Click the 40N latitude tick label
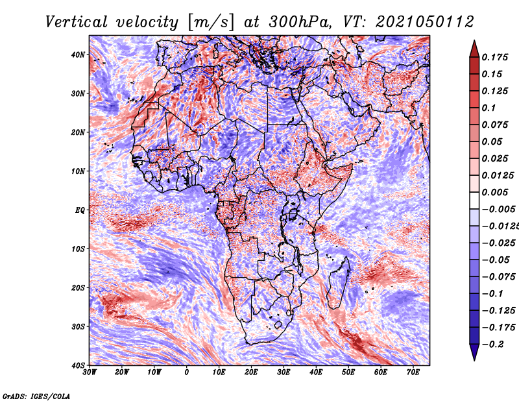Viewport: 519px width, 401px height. (77, 55)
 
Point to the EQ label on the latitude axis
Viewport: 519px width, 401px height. (80, 210)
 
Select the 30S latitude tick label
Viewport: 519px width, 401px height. (78, 326)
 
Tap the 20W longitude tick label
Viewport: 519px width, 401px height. (121, 372)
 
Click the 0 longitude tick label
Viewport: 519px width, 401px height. (187, 372)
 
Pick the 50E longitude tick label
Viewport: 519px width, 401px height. (348, 372)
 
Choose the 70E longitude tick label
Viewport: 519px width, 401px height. (413, 372)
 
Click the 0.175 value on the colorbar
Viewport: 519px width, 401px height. (494, 57)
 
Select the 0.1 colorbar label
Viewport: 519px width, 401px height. (489, 108)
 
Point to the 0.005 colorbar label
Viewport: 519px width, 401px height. (494, 192)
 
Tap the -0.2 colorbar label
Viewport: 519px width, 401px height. (492, 345)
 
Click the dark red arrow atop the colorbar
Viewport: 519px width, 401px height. (474, 49)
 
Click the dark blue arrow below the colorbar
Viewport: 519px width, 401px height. (474, 352)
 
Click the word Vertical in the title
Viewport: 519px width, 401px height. (77, 22)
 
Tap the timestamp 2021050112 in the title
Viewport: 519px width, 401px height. (425, 22)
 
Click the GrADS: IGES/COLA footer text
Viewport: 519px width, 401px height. (36, 396)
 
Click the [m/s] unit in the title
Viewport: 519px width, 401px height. (211, 23)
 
